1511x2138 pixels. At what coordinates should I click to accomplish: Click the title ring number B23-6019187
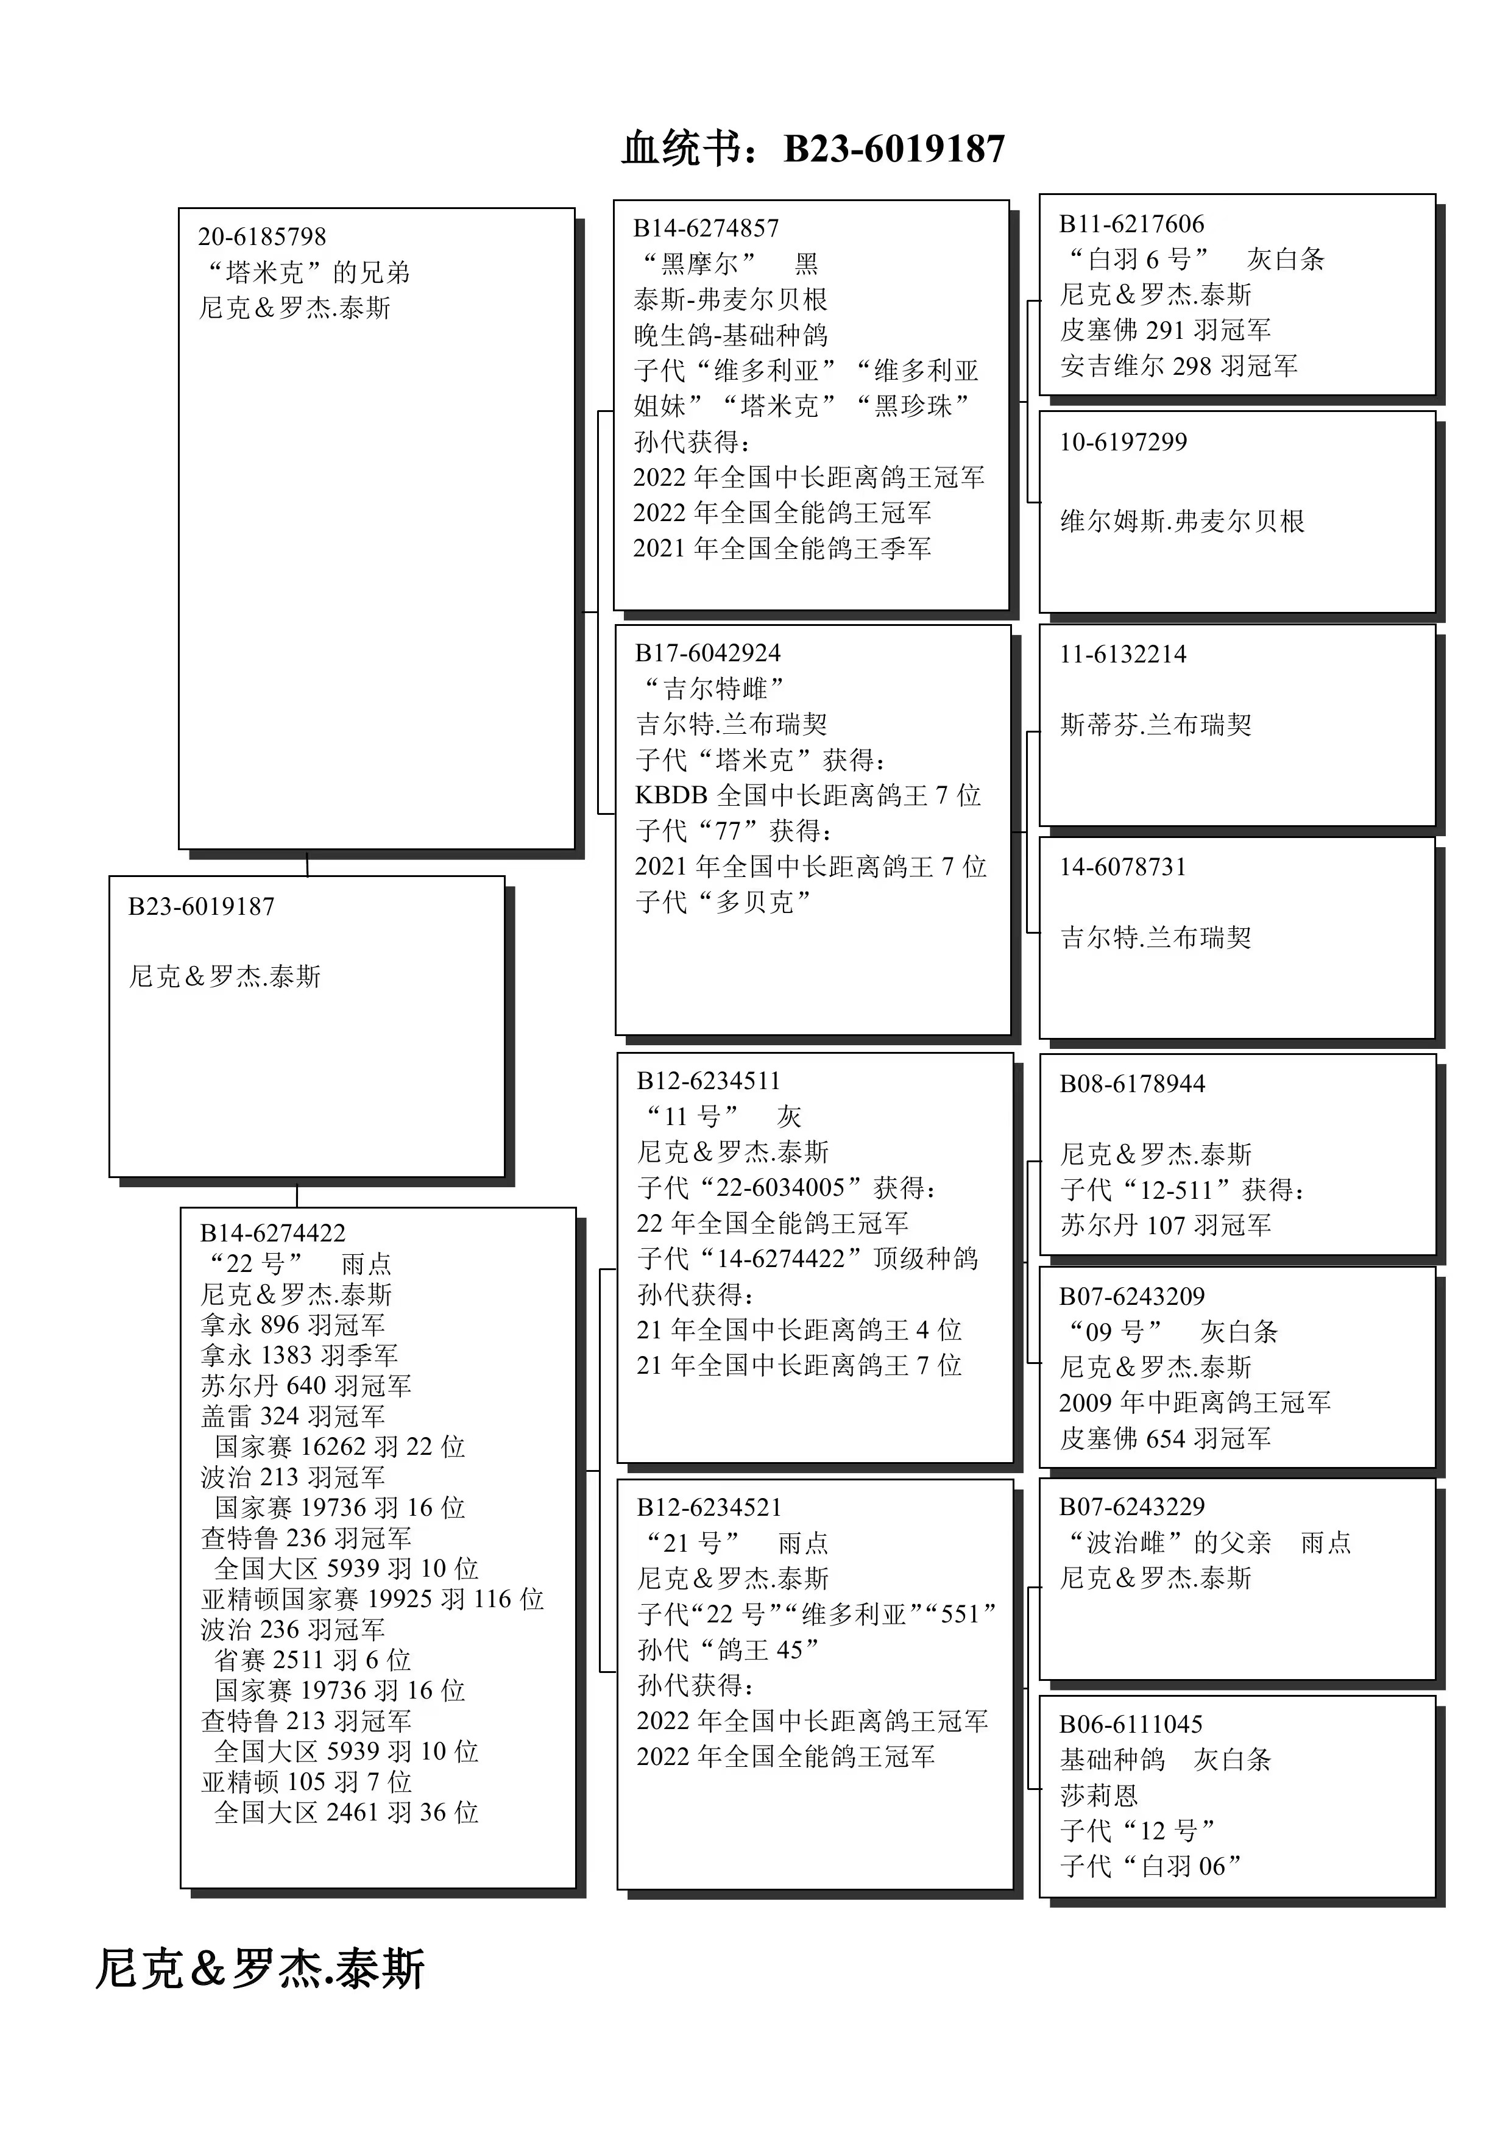[894, 149]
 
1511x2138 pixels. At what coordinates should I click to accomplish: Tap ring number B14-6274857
[706, 228]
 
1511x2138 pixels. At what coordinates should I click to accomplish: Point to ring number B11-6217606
[1131, 224]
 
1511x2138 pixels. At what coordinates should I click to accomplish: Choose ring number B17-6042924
[707, 653]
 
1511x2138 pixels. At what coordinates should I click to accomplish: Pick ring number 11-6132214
[1123, 654]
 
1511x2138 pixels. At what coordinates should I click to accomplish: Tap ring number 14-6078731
[1123, 867]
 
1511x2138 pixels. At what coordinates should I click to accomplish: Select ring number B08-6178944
[1132, 1083]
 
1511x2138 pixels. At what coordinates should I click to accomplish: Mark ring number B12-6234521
[709, 1507]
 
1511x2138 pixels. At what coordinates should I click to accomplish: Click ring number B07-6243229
[1132, 1506]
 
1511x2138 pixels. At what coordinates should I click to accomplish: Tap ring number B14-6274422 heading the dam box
[273, 1233]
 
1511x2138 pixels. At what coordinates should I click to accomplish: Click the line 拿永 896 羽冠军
[292, 1324]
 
